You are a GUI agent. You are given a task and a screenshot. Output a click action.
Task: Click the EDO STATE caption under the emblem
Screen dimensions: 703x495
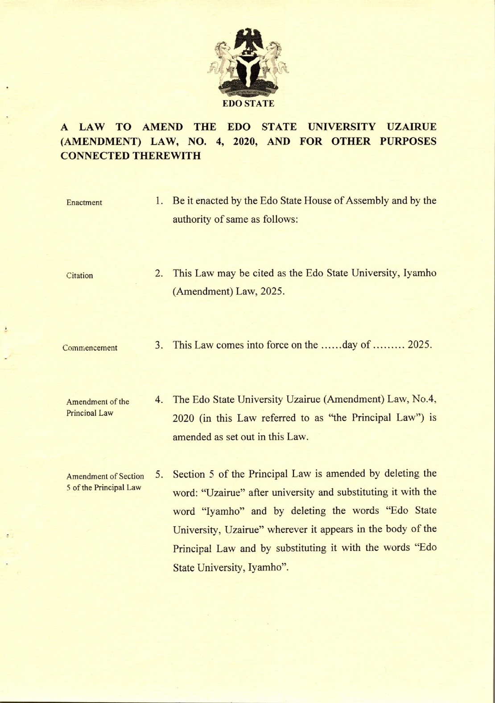point(248,104)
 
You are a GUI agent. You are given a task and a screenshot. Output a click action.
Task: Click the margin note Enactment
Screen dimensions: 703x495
point(84,202)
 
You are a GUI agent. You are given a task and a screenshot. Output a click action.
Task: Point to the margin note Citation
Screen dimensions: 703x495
point(80,276)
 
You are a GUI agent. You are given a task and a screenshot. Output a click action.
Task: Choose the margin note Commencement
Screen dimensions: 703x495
point(90,348)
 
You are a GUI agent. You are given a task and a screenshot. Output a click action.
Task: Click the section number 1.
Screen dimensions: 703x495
point(158,201)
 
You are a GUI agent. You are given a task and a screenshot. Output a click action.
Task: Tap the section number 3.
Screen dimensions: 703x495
point(158,345)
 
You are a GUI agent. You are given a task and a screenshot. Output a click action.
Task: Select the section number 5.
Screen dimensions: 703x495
point(158,473)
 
